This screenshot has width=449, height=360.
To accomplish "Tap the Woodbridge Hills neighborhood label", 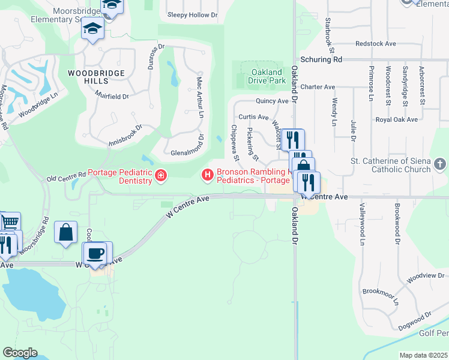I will click(96, 77).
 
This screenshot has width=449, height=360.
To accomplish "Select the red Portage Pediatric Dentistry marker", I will click(161, 175).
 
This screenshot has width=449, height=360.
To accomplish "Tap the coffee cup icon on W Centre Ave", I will click(94, 253).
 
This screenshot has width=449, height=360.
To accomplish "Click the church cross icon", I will click(440, 164).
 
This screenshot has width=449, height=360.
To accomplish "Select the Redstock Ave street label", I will click(376, 44).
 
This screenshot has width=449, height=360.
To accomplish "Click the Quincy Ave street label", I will click(272, 101).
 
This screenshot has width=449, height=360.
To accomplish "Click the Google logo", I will click(20, 353).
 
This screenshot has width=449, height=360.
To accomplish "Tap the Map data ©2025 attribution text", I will click(423, 355).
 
